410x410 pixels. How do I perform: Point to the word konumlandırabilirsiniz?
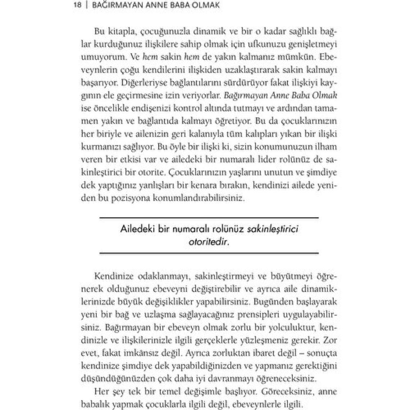pos(195,198)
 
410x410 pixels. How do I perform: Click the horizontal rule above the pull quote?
pos(209,218)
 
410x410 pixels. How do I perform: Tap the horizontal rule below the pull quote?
pos(209,253)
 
